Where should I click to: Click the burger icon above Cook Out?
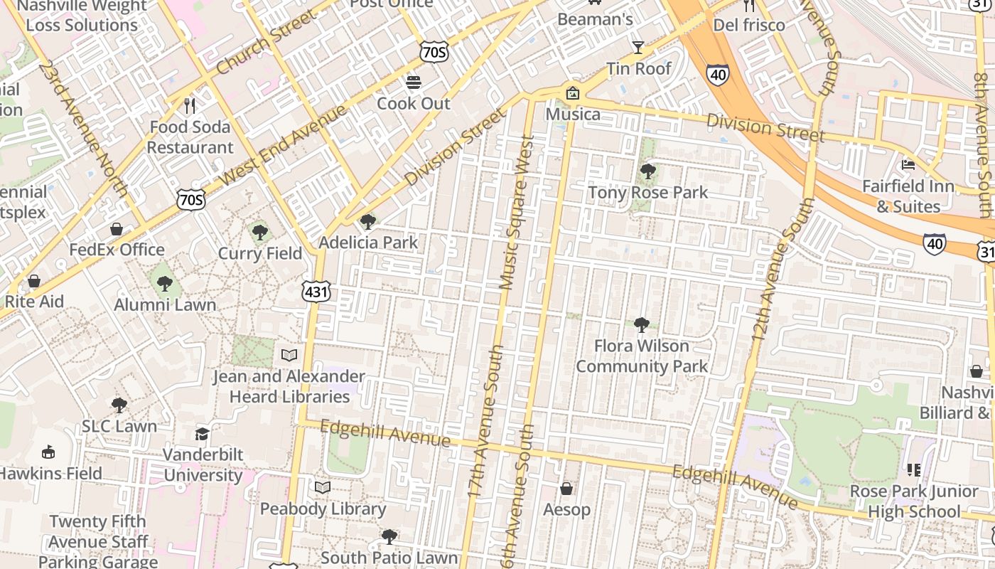[414, 83]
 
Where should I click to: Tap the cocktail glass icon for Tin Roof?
[638, 48]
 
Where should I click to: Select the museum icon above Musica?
[572, 93]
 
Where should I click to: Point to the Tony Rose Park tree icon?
[647, 171]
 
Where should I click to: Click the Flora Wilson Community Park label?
[642, 356]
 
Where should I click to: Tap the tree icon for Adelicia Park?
[367, 222]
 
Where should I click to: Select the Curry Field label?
[260, 253]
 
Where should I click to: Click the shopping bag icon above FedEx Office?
[117, 229]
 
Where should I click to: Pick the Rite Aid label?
[34, 302]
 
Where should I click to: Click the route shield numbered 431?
[316, 292]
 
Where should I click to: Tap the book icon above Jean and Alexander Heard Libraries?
[289, 355]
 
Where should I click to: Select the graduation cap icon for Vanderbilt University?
[203, 434]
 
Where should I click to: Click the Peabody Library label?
[323, 509]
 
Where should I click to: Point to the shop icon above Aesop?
[566, 489]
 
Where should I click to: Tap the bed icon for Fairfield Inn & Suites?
[908, 165]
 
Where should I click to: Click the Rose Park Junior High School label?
[913, 501]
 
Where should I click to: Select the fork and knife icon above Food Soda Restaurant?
[189, 106]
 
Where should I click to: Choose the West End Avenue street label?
[284, 145]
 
